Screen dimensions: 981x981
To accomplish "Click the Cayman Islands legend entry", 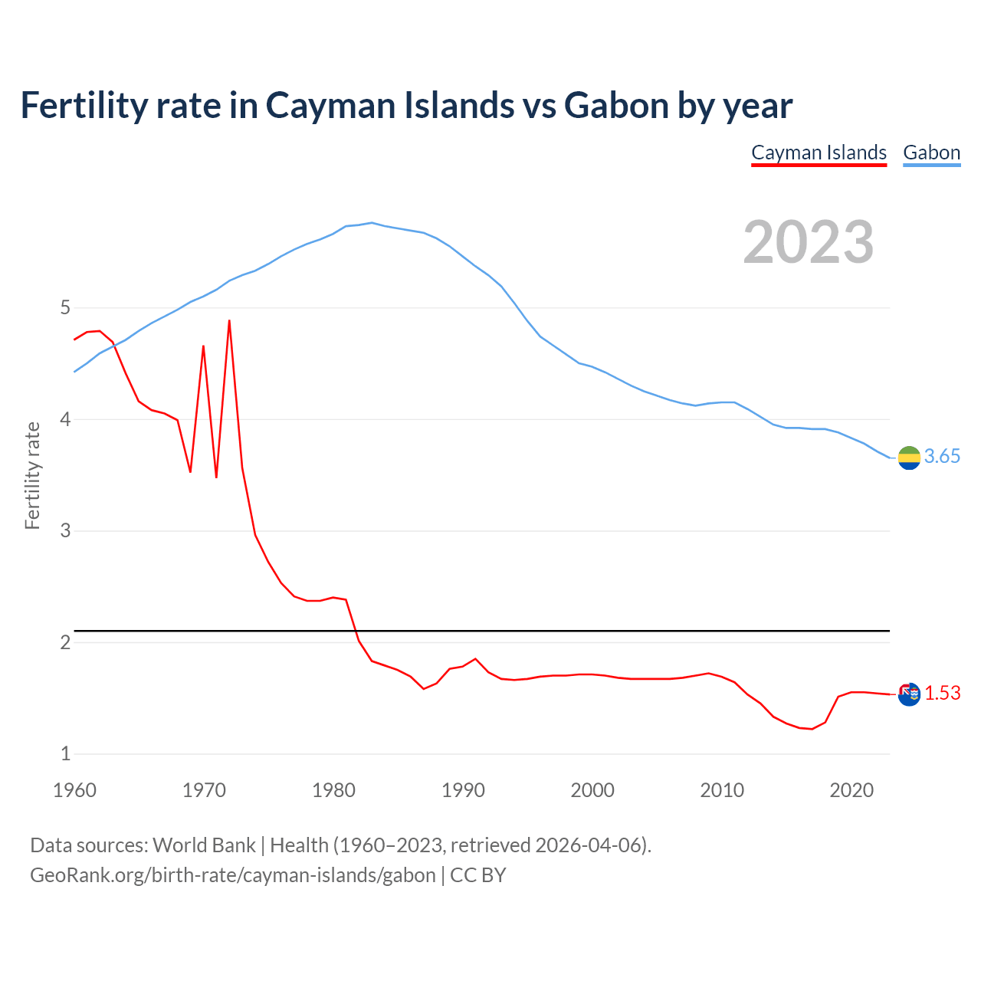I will pyautogui.click(x=819, y=153).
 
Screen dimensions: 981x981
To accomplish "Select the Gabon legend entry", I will pyautogui.click(x=931, y=153).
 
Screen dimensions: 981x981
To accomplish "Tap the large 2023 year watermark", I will pyautogui.click(x=809, y=242).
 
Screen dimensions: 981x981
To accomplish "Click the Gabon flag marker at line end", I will pyautogui.click(x=909, y=458).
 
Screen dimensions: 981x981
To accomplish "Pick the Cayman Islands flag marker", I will pyautogui.click(x=909, y=694).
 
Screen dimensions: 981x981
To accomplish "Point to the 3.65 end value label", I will pyautogui.click(x=942, y=457).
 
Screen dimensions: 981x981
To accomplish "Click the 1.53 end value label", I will pyautogui.click(x=942, y=694).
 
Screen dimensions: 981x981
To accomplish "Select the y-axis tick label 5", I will pyautogui.click(x=65, y=308).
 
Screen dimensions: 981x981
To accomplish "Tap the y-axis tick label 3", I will pyautogui.click(x=65, y=531).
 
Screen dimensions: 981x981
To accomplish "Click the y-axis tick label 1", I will pyautogui.click(x=65, y=754).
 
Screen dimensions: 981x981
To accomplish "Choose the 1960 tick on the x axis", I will pyautogui.click(x=74, y=790).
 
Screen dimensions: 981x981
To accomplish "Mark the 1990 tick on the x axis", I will pyautogui.click(x=463, y=790).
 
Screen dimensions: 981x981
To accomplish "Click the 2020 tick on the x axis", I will pyautogui.click(x=851, y=790).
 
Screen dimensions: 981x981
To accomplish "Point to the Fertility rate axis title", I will pyautogui.click(x=32, y=475).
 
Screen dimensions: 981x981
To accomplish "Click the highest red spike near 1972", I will pyautogui.click(x=229, y=321).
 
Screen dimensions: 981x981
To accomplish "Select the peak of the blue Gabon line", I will pyautogui.click(x=372, y=223).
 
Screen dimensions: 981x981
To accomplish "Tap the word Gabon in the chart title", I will pyautogui.click(x=616, y=105).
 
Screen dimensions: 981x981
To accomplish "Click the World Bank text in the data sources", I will pyautogui.click(x=204, y=845).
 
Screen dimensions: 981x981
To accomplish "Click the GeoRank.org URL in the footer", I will pyautogui.click(x=232, y=875).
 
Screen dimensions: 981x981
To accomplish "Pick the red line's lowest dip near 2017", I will pyautogui.click(x=812, y=729).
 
